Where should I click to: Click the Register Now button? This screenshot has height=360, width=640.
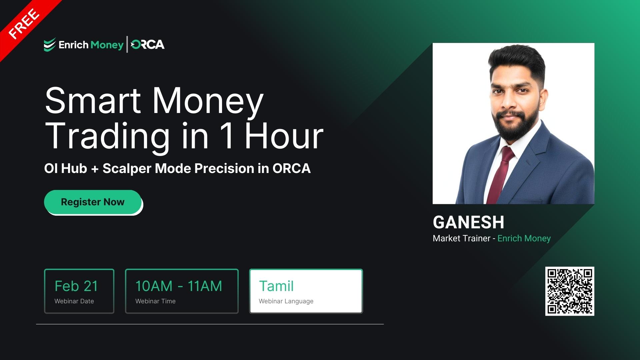[x=93, y=202]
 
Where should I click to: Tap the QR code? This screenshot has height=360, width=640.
[x=570, y=291]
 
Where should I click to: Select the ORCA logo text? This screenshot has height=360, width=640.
[x=148, y=45]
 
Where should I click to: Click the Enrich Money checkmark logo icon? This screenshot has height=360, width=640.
[x=50, y=45]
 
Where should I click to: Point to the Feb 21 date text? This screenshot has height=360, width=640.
[x=76, y=286]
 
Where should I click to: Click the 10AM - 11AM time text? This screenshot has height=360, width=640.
[x=179, y=286]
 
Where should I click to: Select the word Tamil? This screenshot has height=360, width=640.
[x=276, y=286]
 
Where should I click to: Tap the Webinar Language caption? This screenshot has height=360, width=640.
[x=286, y=301]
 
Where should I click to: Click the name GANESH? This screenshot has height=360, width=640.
[x=468, y=222]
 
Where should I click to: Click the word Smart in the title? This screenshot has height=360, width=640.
[x=93, y=101]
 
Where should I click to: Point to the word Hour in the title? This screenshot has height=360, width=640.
[x=284, y=136]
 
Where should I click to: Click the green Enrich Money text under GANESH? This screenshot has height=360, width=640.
[x=524, y=238]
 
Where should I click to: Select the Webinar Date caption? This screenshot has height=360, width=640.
[x=74, y=301]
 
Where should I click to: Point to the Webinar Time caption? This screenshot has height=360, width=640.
[x=155, y=301]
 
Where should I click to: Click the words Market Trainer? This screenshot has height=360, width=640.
[x=461, y=238]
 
